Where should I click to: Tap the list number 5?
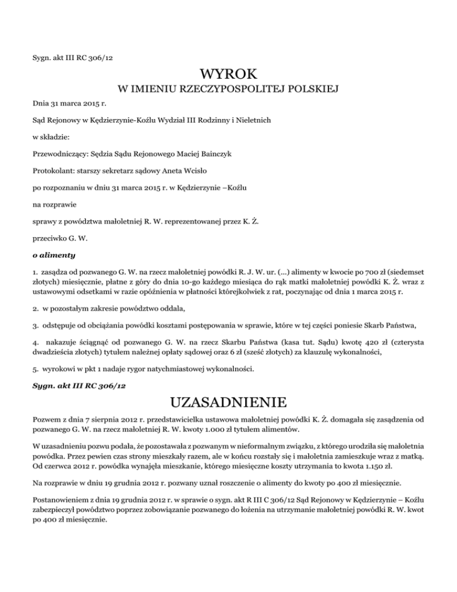point(35,368)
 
